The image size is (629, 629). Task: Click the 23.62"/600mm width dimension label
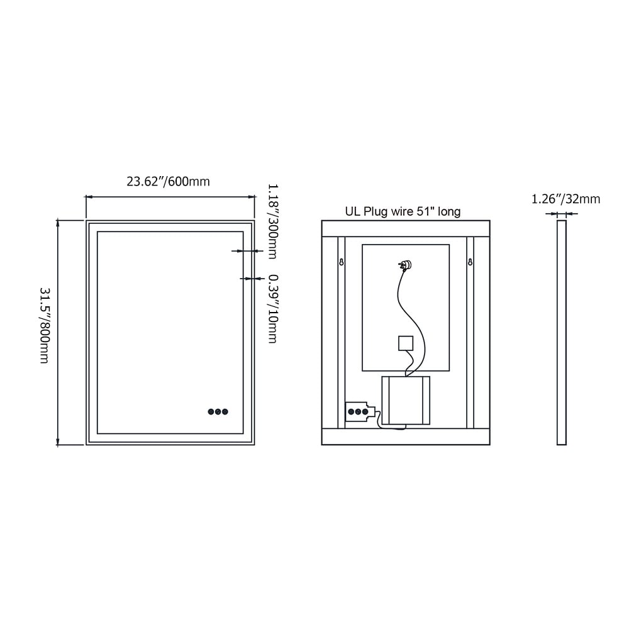(x=168, y=182)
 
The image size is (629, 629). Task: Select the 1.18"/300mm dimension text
(x=272, y=221)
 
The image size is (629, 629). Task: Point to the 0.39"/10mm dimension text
(x=272, y=308)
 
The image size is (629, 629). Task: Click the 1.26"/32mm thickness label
(x=565, y=199)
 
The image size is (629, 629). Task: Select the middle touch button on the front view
(x=218, y=412)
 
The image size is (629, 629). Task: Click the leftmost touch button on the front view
(x=211, y=412)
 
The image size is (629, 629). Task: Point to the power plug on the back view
(x=406, y=265)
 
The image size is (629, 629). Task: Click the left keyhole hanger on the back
(x=342, y=261)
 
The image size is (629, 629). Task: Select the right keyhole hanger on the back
(x=470, y=261)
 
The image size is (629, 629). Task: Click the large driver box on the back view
(x=406, y=400)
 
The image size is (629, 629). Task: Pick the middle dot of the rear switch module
(x=358, y=412)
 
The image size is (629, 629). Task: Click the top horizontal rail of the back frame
(x=406, y=228)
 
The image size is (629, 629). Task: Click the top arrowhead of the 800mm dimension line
(x=58, y=222)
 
